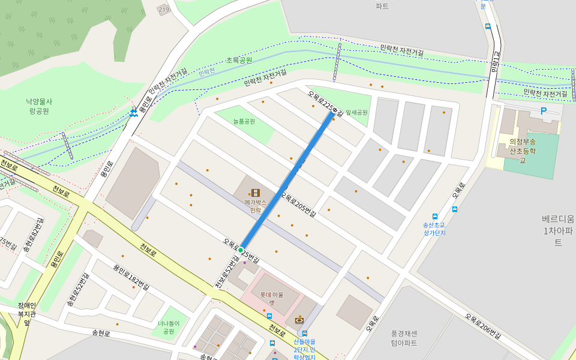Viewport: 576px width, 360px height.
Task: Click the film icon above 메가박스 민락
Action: point(256,193)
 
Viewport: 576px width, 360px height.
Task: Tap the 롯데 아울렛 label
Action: point(272,298)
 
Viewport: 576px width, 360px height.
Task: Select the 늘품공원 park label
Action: point(244,121)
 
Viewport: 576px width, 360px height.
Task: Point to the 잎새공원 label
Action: point(356,112)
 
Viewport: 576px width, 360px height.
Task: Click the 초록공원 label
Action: point(239,60)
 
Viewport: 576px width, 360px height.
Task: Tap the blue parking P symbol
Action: point(544,111)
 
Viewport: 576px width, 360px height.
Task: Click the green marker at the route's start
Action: point(241,250)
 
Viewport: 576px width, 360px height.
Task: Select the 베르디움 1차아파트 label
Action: point(558,230)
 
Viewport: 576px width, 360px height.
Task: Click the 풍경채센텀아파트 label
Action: point(404,338)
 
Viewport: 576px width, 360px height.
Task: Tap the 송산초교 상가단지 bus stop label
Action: point(434,229)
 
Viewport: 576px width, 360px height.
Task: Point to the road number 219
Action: point(164,10)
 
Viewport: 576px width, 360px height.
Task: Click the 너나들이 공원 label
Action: point(169,327)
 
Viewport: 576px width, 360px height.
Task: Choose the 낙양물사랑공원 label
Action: point(39,106)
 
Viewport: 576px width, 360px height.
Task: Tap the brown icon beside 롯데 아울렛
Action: point(299,320)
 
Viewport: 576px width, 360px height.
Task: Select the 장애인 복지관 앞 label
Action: point(27,313)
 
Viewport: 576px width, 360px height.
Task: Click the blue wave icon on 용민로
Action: point(133,113)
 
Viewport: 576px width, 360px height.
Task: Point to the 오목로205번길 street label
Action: point(298,202)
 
